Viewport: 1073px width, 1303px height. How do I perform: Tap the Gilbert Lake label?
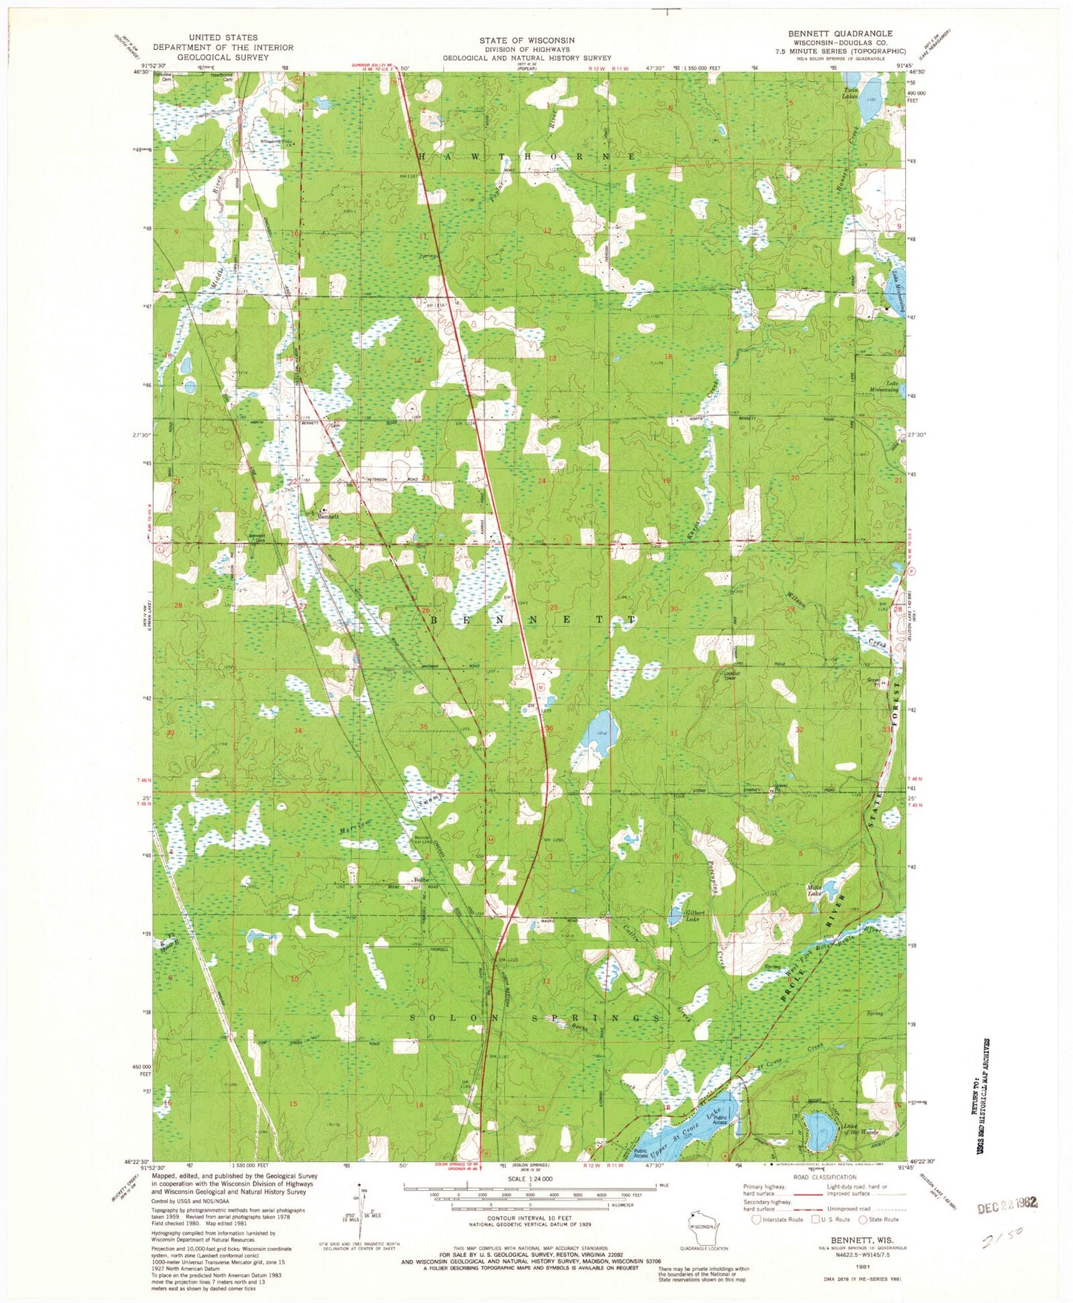click(x=695, y=916)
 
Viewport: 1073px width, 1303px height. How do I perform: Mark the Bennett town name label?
click(x=328, y=516)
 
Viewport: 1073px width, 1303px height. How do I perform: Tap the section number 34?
click(x=298, y=731)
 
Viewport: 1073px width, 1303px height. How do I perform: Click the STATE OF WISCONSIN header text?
click(x=526, y=40)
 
